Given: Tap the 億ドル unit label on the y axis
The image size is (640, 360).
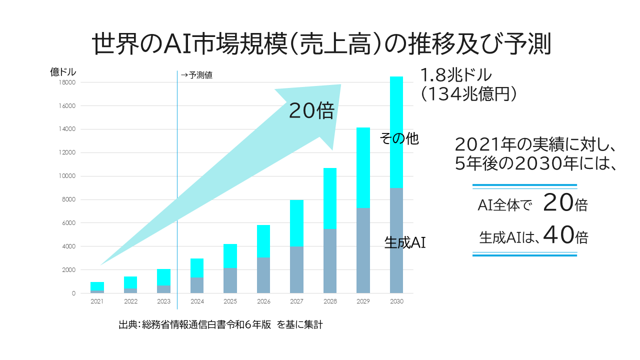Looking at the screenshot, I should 63,72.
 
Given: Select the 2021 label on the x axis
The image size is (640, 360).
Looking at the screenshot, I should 97,301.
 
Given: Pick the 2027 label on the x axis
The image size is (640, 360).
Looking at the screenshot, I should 296,301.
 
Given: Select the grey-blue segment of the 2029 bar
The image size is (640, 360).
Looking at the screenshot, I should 363,250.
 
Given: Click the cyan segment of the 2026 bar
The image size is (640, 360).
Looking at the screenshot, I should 263,241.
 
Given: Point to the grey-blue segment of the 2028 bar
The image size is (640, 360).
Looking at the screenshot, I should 330,260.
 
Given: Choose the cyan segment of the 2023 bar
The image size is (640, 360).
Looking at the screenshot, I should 163,277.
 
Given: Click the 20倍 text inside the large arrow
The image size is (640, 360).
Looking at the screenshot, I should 311,111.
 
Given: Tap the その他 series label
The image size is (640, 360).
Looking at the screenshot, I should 399,138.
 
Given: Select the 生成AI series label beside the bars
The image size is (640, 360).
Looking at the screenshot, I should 404,243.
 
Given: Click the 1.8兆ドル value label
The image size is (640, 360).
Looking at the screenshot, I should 456,75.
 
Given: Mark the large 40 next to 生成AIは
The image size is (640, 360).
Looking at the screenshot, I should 557,235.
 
